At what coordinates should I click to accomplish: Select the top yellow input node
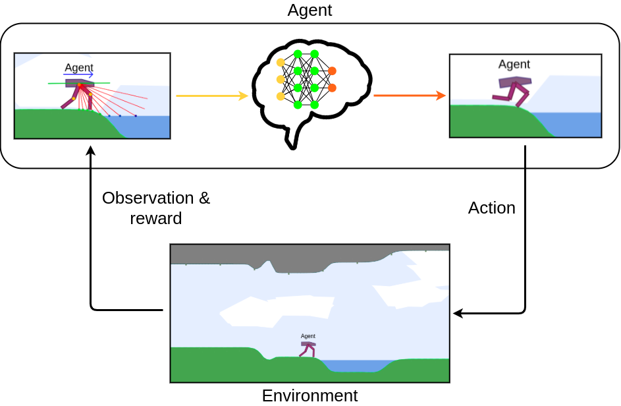point(281,63)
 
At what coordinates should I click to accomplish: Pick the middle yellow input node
point(281,80)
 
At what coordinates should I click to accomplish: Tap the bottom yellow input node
point(281,96)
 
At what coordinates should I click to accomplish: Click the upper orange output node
point(332,71)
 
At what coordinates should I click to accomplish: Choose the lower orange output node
point(332,88)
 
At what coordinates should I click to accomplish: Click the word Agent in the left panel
point(79,67)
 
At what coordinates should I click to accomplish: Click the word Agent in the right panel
point(514,64)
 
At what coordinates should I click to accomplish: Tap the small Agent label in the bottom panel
point(308,336)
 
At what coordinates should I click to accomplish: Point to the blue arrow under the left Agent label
point(79,75)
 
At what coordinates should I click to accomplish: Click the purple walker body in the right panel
point(514,82)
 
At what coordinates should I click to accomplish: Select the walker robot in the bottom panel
point(308,349)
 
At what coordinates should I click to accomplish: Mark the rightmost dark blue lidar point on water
point(136,116)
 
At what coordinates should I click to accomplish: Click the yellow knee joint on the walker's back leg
point(74,99)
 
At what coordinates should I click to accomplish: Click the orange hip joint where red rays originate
point(79,84)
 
